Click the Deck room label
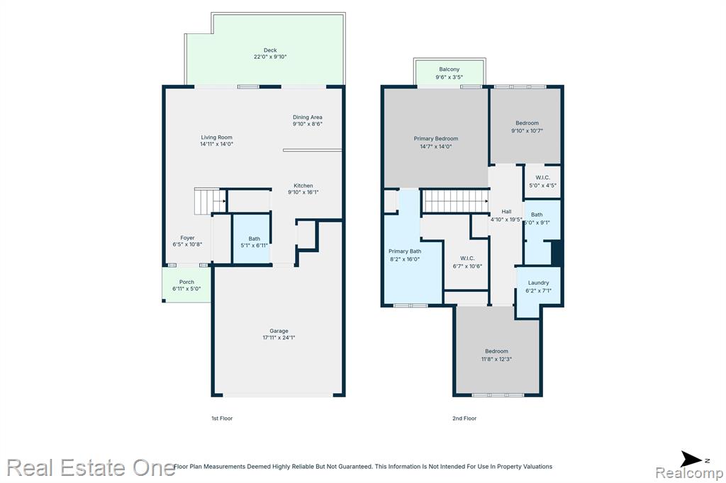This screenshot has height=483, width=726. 270,50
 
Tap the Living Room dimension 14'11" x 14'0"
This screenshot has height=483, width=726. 217,144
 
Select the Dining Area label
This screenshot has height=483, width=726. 308,117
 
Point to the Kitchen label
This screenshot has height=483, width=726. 303,186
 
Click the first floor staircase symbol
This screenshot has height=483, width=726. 210,201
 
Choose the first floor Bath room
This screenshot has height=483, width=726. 251,239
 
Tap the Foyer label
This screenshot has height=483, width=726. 187,238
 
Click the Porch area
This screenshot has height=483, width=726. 186,285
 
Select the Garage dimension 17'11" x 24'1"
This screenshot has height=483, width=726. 279,337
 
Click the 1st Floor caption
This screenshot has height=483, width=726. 222,419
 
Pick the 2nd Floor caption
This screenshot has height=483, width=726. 464,419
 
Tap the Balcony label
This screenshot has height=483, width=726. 449,69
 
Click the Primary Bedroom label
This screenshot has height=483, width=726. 436,138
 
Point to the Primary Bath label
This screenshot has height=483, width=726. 405,251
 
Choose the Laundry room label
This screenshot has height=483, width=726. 539,283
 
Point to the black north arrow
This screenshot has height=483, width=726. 691,460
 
